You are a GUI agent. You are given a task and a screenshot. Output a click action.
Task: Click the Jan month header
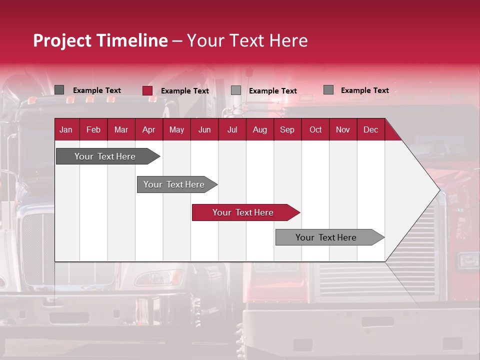[66, 129]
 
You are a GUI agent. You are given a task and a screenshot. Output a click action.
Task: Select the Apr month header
[148, 129]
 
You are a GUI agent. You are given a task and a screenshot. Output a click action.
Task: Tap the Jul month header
[232, 129]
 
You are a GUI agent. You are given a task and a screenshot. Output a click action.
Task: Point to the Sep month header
[287, 129]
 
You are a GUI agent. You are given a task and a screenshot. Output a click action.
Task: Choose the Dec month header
[370, 129]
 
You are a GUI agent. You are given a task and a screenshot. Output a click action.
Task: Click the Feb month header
[93, 129]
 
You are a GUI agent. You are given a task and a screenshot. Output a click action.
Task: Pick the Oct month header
[315, 129]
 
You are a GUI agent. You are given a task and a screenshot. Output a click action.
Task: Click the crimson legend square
[147, 90]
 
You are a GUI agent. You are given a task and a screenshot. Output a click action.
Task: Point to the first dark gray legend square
[59, 90]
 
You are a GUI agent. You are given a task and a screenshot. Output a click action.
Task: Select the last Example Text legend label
[364, 90]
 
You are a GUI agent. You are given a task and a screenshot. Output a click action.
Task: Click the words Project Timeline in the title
[100, 40]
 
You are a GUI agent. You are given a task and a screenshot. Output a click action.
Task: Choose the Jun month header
[204, 129]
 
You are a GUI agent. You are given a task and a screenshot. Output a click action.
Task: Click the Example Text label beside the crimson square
[184, 91]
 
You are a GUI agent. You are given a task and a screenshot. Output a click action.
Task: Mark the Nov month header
[342, 129]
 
